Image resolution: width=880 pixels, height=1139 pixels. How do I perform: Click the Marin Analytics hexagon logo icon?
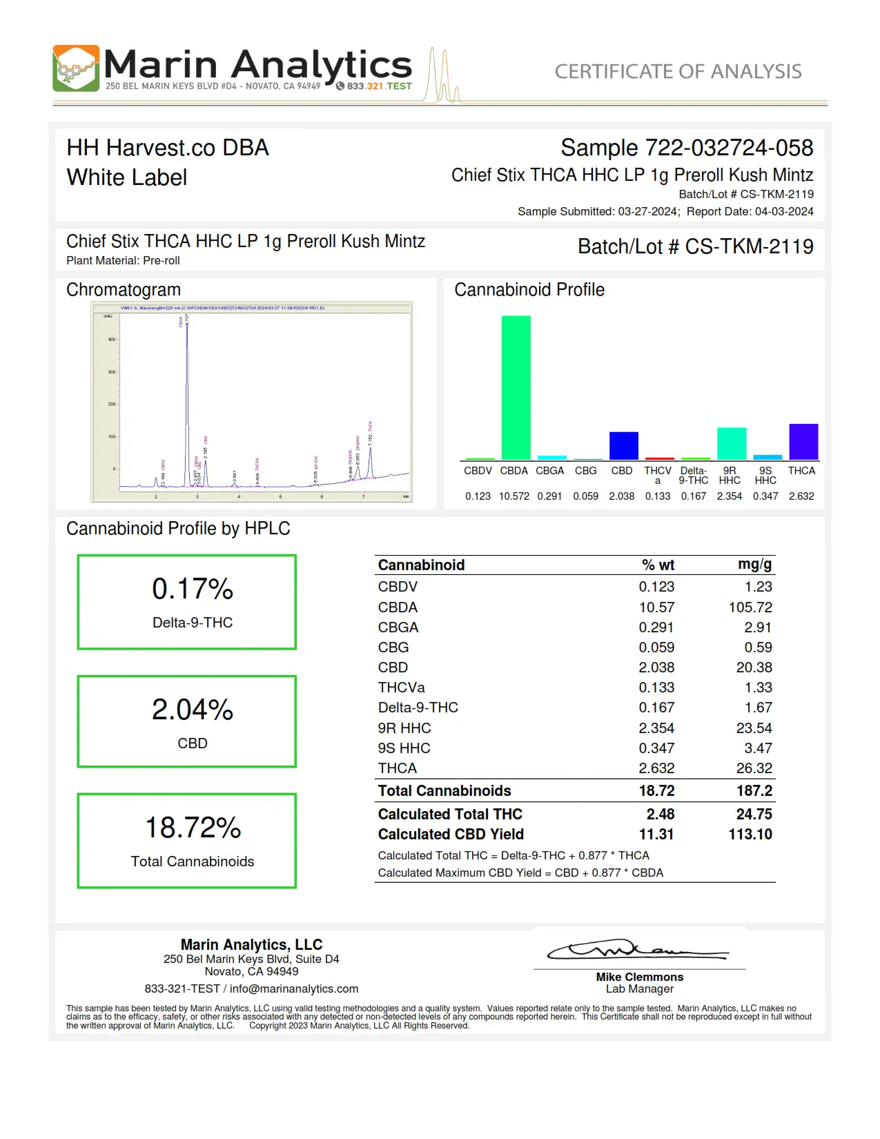76,68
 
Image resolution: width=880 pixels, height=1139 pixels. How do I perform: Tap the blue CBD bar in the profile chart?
623,445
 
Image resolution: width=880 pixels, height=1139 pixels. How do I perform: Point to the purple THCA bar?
803,441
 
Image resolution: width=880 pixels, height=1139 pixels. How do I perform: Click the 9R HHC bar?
731,443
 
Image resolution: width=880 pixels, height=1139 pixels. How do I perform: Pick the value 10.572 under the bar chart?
514,496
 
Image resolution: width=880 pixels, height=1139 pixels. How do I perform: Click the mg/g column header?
754,565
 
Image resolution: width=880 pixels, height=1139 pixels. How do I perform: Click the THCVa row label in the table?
401,688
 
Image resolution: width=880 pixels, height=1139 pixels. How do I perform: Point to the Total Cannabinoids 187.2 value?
754,791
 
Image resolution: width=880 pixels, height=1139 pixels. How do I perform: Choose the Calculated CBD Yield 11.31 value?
656,835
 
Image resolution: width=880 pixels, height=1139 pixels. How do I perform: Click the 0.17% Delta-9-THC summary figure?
193,590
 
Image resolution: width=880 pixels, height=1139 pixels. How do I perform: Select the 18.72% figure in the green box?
193,828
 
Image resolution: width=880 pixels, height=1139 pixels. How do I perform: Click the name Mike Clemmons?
639,977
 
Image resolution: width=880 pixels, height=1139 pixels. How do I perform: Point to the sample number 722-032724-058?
729,148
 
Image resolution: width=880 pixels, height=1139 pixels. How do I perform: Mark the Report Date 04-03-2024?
784,212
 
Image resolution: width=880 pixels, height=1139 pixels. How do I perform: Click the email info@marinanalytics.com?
294,989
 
